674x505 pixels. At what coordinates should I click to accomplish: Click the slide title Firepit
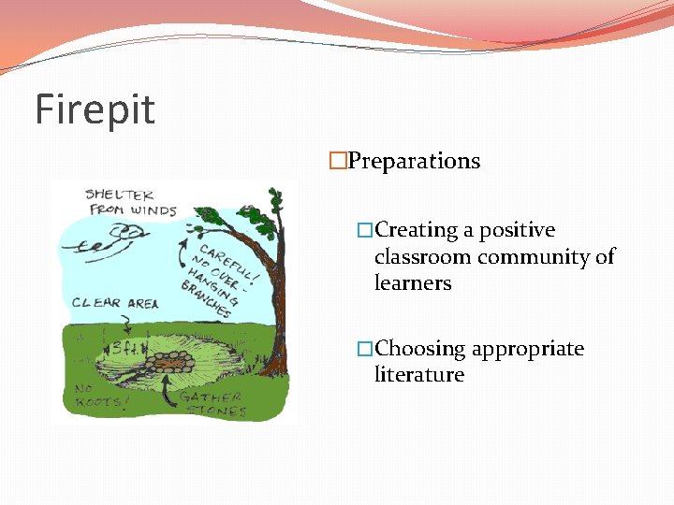point(95,110)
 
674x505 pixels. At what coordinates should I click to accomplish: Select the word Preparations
point(414,161)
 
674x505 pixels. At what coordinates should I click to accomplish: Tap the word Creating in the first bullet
point(417,230)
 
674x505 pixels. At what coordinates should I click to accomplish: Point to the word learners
point(413,282)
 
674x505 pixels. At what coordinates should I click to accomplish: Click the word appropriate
point(528,349)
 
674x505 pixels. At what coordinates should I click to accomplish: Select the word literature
point(419,375)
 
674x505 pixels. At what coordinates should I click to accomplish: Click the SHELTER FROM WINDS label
point(129,202)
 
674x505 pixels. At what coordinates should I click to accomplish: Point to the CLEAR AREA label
point(115,303)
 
